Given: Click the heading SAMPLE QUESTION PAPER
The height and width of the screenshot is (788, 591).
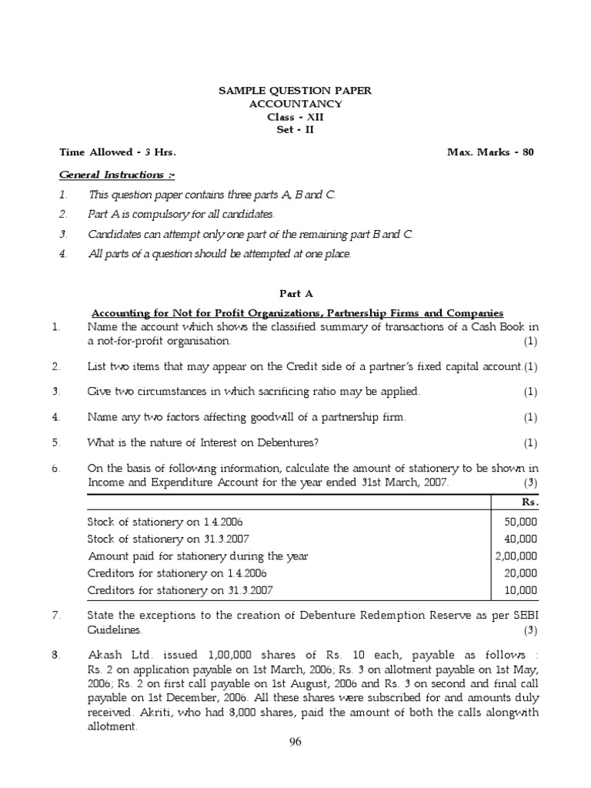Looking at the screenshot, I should click(295, 91).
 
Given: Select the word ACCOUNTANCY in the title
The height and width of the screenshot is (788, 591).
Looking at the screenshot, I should click(295, 104).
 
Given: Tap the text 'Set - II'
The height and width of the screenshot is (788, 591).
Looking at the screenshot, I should click(295, 129).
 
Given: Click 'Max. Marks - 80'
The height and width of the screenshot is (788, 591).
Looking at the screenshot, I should click(490, 152).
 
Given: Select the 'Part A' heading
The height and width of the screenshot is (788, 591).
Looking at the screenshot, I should click(295, 293).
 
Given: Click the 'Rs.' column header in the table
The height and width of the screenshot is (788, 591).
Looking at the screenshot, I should click(529, 502).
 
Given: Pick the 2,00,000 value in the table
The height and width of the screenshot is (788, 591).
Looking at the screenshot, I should click(517, 556).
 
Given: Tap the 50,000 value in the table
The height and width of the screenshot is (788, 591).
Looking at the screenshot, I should click(523, 521).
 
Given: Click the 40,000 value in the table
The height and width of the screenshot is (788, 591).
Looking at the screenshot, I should click(523, 538).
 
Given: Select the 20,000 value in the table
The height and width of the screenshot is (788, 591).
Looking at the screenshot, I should click(523, 573).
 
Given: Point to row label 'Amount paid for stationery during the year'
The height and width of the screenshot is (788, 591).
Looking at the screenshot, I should click(198, 556).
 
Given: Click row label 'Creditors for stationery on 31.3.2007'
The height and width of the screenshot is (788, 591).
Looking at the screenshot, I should click(181, 590).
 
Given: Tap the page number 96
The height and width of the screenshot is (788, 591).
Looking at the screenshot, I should click(295, 743).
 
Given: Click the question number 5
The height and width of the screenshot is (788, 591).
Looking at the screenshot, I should click(55, 442).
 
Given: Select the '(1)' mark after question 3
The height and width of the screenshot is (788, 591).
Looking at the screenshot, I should click(530, 392).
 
